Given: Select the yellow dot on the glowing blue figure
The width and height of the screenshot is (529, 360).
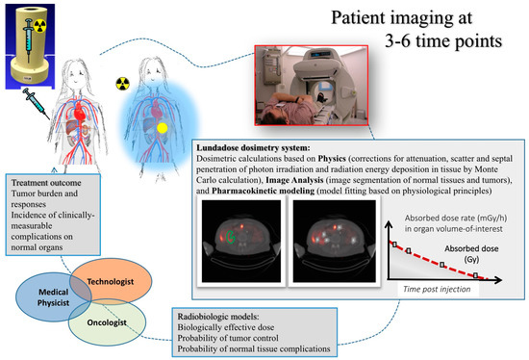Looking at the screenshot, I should [x=164, y=127].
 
